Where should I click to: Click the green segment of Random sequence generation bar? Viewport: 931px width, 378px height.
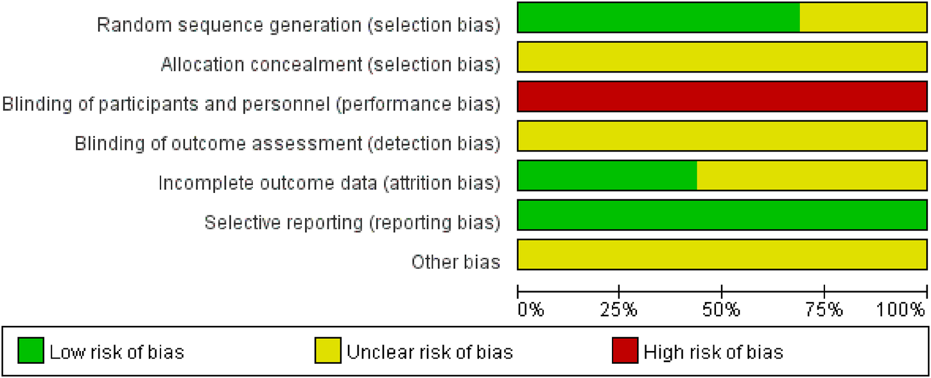[x=658, y=17]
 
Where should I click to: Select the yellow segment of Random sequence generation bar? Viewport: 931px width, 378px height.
[x=862, y=17]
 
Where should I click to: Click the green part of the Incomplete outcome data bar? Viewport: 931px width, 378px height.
[x=607, y=175]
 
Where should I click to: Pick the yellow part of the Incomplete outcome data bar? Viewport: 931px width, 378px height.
[x=811, y=175]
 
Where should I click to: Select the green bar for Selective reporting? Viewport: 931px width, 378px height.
[x=722, y=215]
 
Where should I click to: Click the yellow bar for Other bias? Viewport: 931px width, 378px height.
[x=722, y=255]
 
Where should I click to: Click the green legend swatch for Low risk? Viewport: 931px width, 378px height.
[x=31, y=352]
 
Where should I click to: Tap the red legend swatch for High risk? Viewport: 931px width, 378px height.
[x=624, y=352]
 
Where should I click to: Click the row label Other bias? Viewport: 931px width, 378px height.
[x=456, y=262]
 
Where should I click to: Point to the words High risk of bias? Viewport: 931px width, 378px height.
[x=713, y=352]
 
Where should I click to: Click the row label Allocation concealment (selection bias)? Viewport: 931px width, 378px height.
[x=330, y=64]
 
